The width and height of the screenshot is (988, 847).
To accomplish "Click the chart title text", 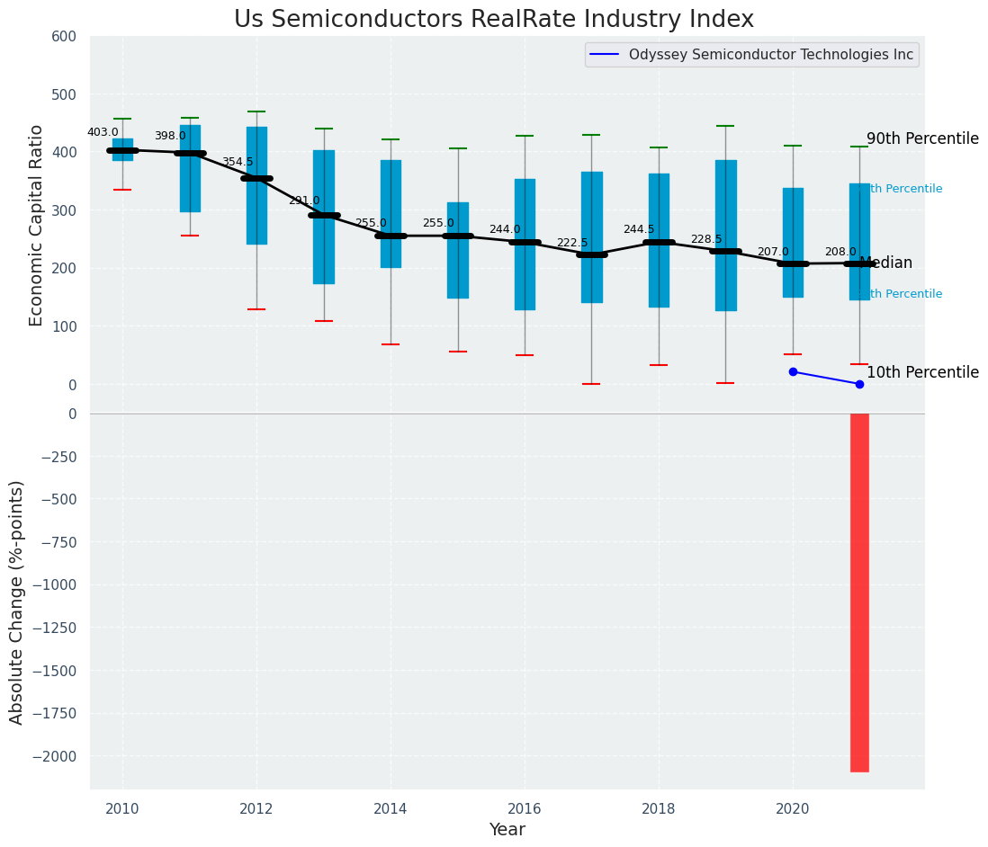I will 493,20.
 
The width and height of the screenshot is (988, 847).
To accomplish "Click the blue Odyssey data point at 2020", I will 793,371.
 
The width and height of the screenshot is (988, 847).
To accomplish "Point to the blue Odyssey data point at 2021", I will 859,384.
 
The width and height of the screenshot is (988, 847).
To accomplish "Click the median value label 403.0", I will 103,132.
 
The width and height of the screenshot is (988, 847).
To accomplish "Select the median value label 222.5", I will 572,243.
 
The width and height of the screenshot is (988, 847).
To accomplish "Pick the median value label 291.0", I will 304,201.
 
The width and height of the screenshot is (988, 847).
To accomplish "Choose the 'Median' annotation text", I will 885,263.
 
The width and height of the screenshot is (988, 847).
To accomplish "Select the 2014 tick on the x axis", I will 391,809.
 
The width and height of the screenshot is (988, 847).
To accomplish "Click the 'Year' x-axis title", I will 507,830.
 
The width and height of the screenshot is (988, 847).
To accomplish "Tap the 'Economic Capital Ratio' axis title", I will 37,225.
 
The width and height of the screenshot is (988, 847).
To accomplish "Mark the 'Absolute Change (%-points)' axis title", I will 17,602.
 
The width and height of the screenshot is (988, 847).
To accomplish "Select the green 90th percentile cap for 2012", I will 256,111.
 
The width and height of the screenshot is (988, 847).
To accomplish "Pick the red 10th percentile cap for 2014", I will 391,344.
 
